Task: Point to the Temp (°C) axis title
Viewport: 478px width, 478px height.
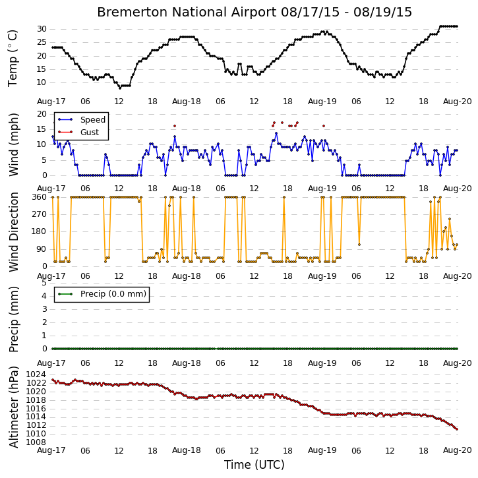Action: pos(13,58)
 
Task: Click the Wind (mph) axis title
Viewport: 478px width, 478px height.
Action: pos(14,145)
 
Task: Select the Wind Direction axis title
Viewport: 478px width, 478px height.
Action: pos(14,232)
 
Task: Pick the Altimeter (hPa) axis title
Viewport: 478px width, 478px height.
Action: pos(14,407)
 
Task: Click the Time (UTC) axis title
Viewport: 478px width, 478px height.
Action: pos(254,465)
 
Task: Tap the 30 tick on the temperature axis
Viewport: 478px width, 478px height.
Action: pos(42,29)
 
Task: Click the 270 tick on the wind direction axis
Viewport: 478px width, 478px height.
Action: pos(40,214)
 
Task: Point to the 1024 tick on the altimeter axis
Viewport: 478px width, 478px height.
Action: pos(36,374)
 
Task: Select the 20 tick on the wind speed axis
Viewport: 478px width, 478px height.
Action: pos(42,114)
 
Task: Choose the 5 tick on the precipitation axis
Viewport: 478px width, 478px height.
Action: pos(45,283)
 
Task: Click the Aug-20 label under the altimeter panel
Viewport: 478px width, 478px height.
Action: pos(458,450)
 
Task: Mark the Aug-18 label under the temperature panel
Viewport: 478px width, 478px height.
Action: pos(187,102)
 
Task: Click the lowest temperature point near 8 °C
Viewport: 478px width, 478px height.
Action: pos(120,88)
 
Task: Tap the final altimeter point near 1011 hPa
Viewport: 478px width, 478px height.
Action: pos(457,429)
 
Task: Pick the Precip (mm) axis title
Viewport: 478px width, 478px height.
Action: pos(14,320)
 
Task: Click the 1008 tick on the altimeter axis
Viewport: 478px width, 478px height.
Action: pos(36,442)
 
